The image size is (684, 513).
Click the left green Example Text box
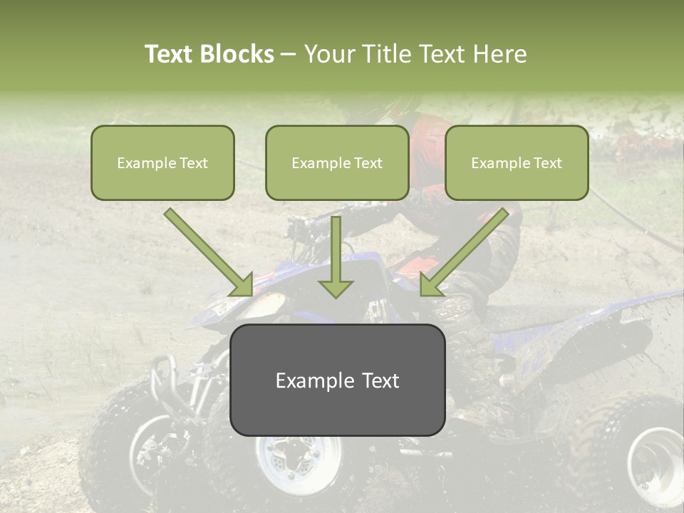click(162, 162)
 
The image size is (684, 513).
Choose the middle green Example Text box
click(337, 162)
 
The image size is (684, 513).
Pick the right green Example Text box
click(517, 162)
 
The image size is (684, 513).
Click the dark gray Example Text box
click(337, 380)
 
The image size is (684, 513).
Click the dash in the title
click(289, 55)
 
